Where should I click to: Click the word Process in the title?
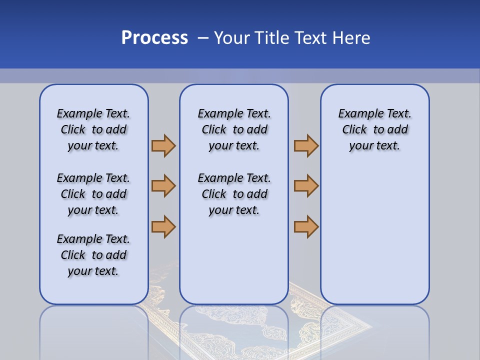(x=154, y=38)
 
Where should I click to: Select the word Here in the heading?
(x=349, y=38)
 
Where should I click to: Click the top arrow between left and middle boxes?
(x=163, y=145)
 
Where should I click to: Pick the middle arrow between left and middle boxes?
(x=163, y=186)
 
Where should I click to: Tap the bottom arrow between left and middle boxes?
(x=163, y=226)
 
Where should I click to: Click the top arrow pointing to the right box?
(x=306, y=145)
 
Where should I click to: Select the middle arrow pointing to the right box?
(x=306, y=186)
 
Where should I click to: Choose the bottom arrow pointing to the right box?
(x=306, y=226)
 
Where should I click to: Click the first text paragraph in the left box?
(x=93, y=129)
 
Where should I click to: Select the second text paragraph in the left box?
(x=93, y=194)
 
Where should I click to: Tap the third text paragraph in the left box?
(x=93, y=255)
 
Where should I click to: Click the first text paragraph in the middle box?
(x=234, y=129)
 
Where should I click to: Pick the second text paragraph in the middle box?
(x=234, y=194)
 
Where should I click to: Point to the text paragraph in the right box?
(x=374, y=129)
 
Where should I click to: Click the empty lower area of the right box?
(x=374, y=235)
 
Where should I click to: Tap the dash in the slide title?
(x=203, y=38)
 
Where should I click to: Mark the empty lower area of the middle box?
(x=234, y=260)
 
